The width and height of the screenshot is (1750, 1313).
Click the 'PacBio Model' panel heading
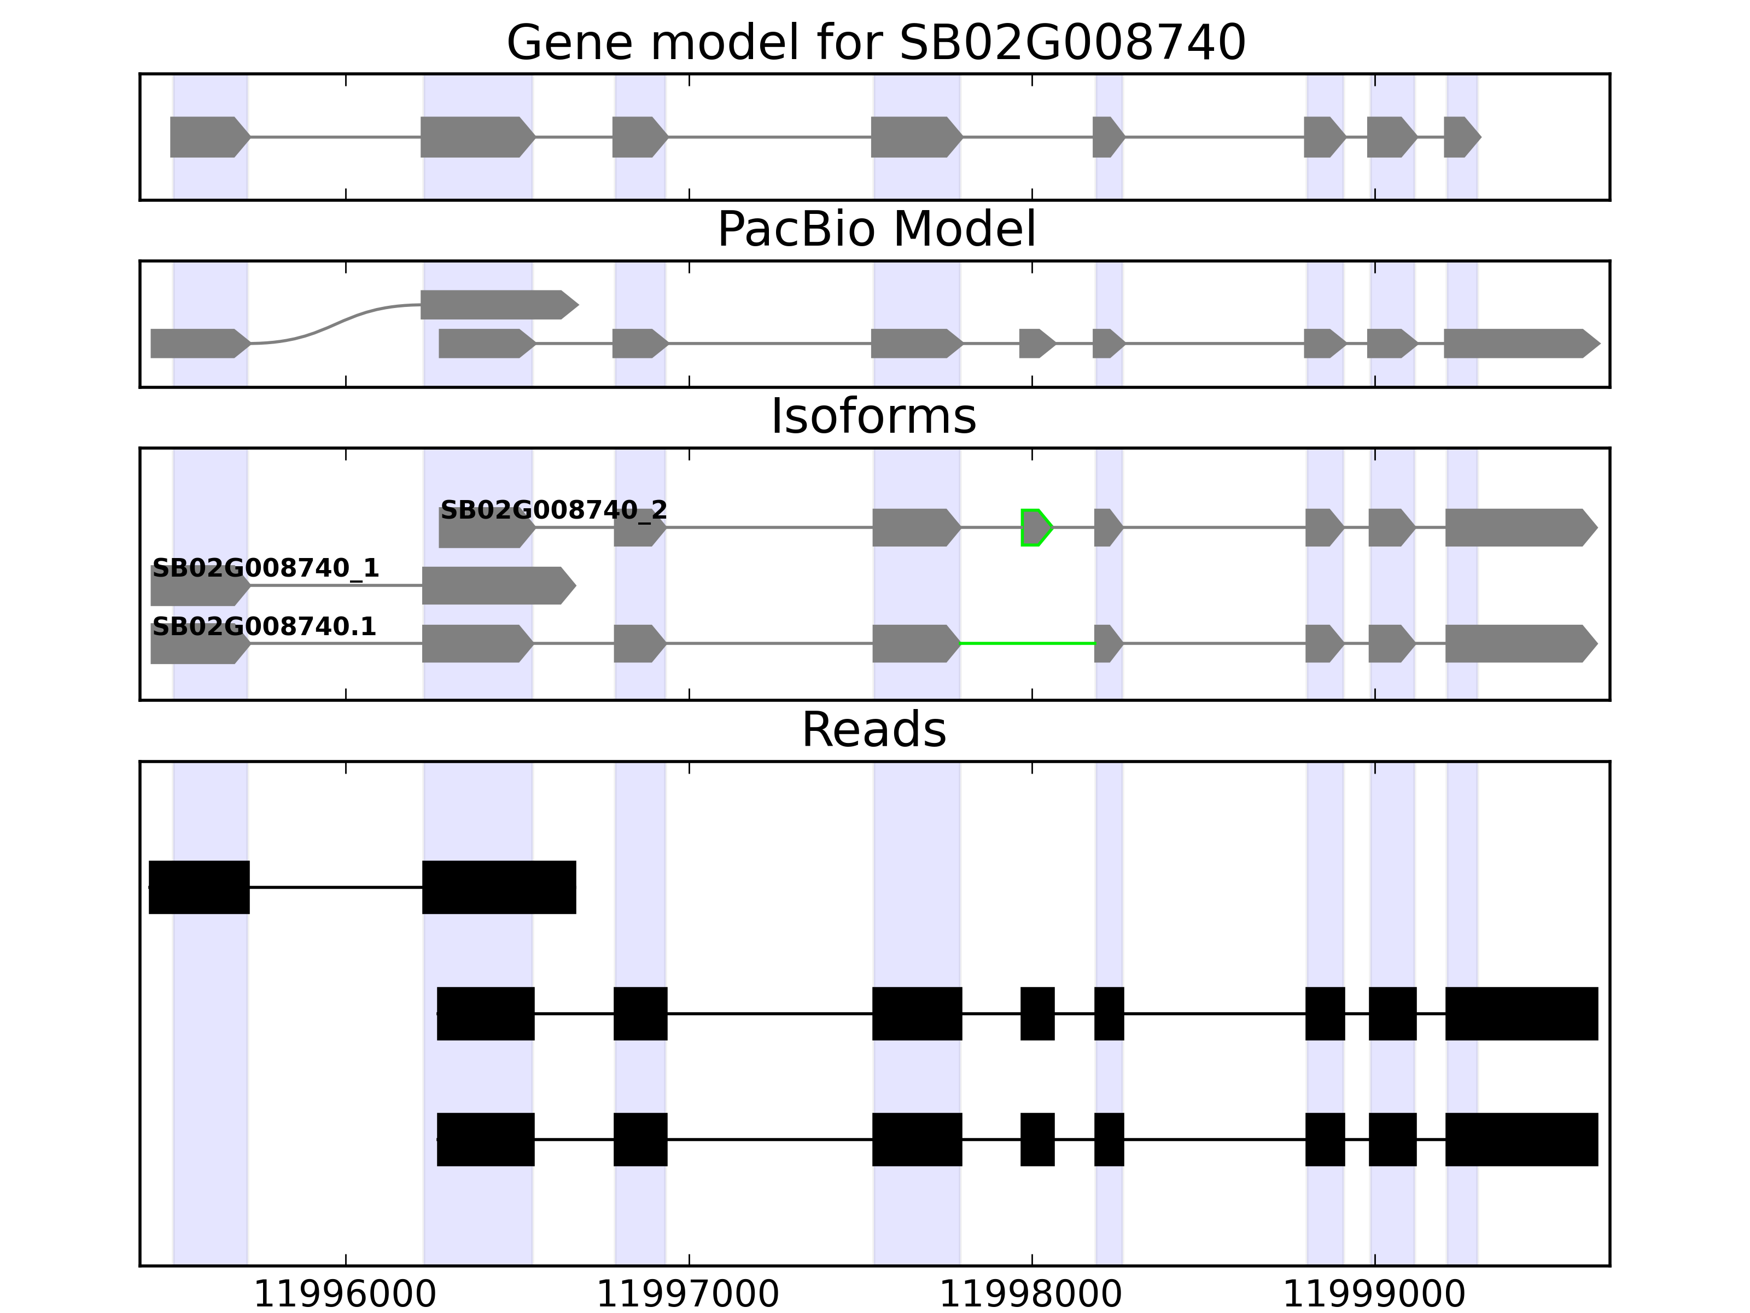tap(876, 230)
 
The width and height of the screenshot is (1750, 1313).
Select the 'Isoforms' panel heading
tap(873, 417)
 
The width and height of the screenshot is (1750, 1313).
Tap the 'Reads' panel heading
tap(873, 730)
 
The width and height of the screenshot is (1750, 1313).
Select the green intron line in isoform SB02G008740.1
tap(1027, 643)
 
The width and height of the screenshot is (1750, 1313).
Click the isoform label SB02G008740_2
tap(554, 510)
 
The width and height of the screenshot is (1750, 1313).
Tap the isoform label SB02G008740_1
tap(265, 568)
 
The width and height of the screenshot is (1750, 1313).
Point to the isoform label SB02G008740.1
tap(264, 627)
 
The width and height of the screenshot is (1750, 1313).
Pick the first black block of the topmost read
tap(200, 887)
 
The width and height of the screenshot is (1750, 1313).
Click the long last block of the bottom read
tap(1520, 1139)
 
